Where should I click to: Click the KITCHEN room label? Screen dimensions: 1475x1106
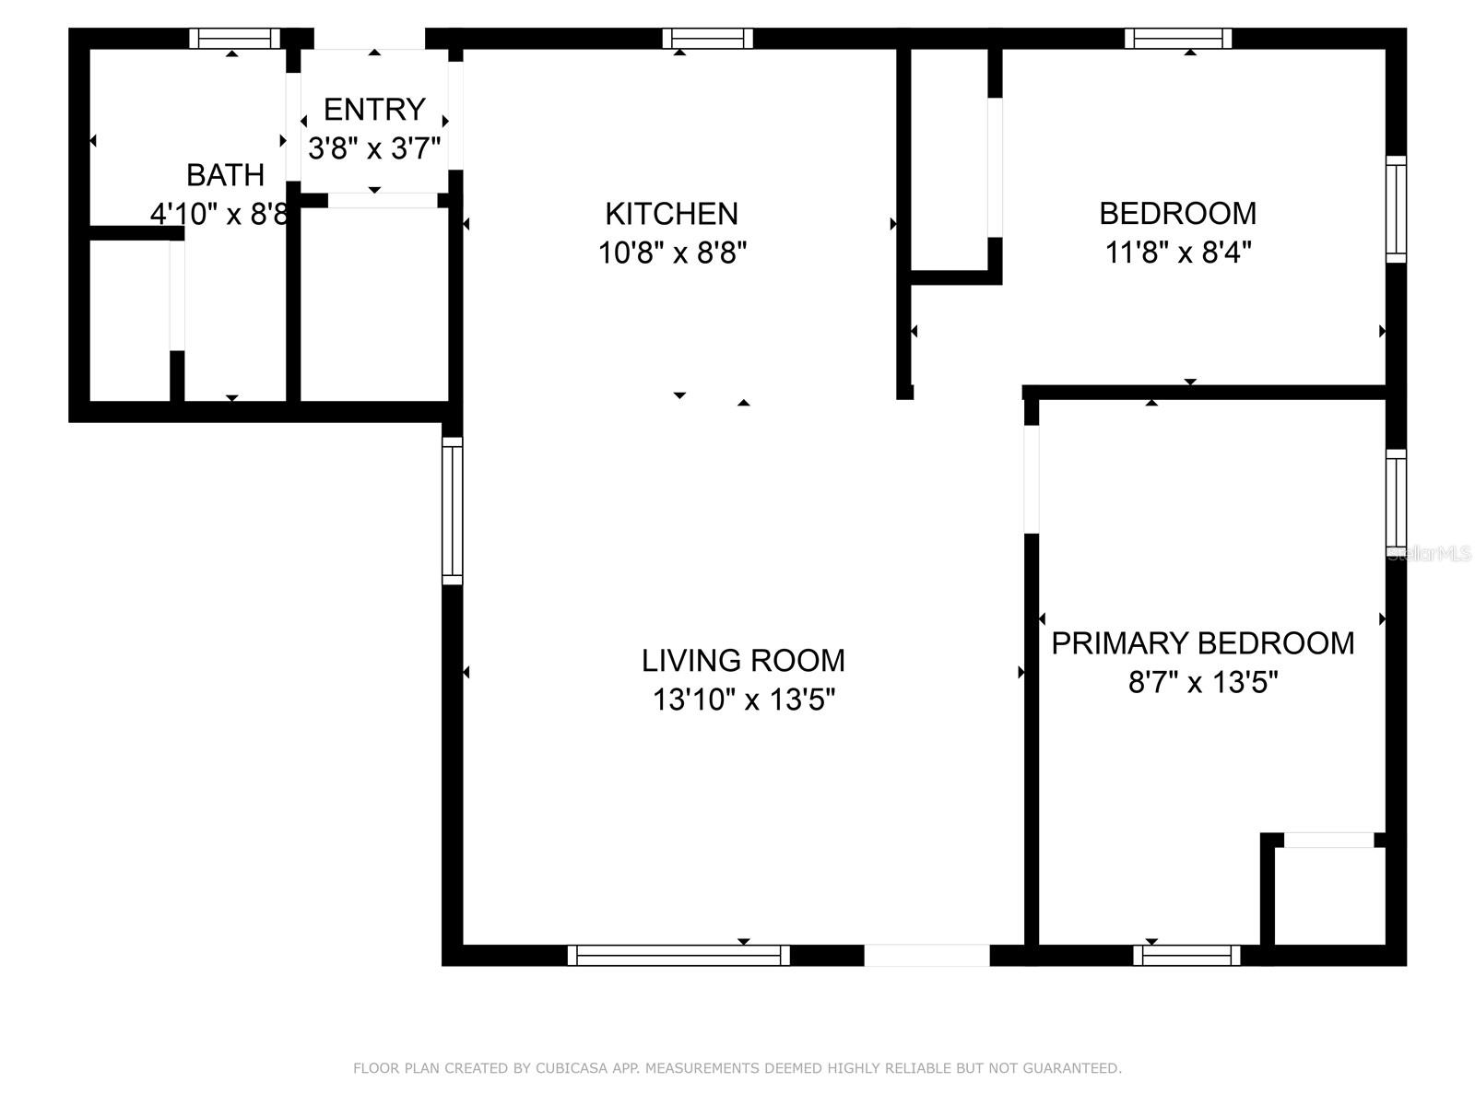point(671,214)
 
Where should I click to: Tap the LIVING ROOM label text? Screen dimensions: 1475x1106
point(743,661)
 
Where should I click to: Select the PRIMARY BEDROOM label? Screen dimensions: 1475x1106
point(1203,643)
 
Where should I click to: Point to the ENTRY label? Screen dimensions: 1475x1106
point(374,110)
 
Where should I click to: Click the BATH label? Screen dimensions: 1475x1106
point(225,175)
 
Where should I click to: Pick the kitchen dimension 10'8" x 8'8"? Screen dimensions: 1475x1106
point(672,253)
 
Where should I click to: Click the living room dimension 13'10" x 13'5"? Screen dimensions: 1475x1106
point(743,700)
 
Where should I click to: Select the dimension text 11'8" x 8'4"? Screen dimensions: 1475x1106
point(1178,253)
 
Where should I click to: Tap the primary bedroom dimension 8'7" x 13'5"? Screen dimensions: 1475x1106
point(1203,682)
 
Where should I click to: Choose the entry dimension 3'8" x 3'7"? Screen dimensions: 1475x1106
point(374,147)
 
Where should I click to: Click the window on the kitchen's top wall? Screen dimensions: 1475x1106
point(708,39)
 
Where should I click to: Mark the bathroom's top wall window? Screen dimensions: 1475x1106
point(234,39)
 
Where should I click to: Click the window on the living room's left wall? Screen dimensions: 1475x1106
point(453,511)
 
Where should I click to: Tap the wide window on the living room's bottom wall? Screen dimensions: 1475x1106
point(678,955)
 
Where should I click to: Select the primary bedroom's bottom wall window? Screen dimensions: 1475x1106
point(1186,955)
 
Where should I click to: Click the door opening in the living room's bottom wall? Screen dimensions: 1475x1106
point(926,955)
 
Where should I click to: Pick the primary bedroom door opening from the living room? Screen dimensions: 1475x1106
point(1032,479)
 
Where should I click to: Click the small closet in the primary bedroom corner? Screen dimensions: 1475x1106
point(1330,897)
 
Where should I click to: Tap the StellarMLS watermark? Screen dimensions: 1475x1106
point(1429,553)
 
